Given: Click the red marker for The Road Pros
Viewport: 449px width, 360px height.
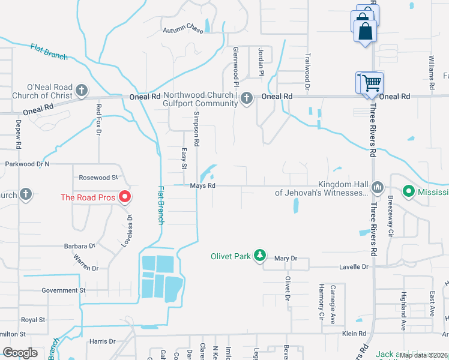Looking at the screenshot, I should click(125, 196).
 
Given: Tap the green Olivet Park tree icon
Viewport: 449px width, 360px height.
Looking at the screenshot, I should click(259, 256).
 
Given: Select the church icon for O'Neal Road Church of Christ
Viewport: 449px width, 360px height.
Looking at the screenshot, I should click(82, 91).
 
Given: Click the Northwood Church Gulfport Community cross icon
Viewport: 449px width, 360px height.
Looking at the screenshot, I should click(246, 98).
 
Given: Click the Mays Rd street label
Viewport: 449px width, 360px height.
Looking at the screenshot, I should click(203, 186).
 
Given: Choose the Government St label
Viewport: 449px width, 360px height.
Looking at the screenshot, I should click(64, 290).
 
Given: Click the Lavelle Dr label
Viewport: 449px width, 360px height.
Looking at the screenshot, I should click(353, 266).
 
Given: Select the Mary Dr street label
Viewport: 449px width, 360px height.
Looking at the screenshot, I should click(286, 259).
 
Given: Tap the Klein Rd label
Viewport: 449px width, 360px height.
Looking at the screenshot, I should click(354, 334).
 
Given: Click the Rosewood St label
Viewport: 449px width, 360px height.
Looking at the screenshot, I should click(98, 178).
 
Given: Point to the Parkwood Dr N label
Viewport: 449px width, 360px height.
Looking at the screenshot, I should click(27, 164).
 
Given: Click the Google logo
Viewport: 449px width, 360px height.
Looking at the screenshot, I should click(20, 353).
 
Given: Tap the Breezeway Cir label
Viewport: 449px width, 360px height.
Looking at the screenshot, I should click(390, 207).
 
